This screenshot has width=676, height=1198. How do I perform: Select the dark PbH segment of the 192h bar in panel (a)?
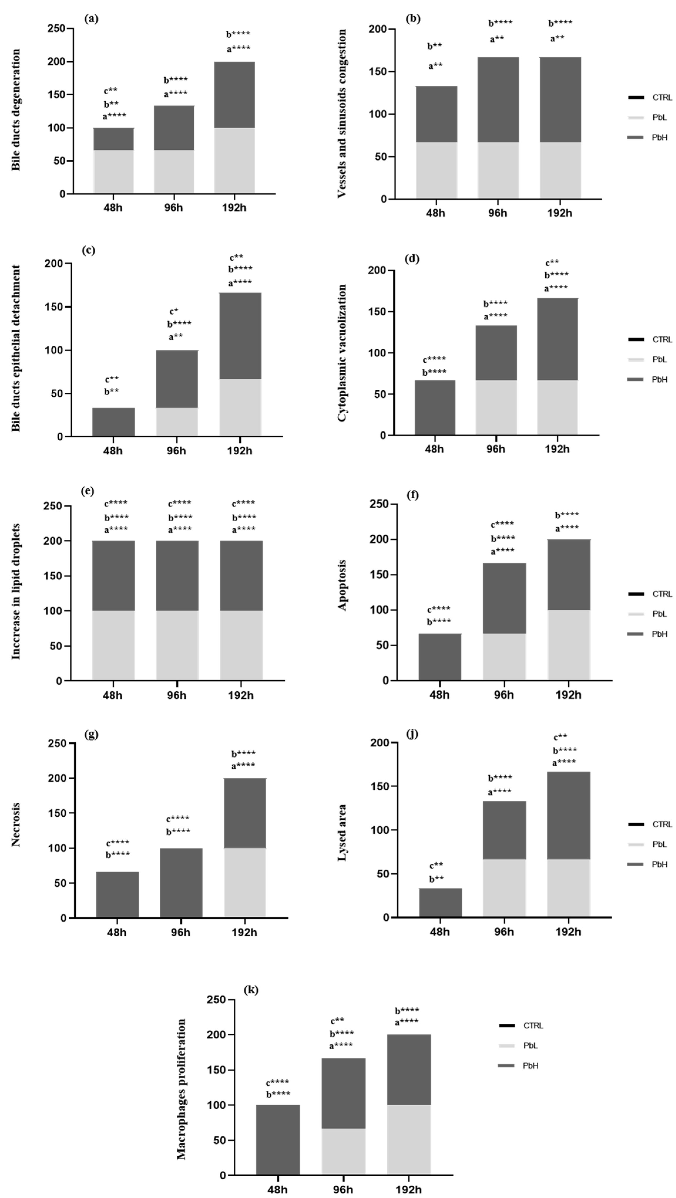pyautogui.click(x=234, y=95)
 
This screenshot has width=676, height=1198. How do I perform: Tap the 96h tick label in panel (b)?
pyautogui.click(x=497, y=213)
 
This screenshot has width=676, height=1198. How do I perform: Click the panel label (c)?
pyautogui.click(x=88, y=250)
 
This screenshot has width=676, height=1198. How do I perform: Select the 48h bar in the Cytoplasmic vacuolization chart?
pyautogui.click(x=435, y=408)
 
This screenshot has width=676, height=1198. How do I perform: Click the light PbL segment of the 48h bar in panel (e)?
pyautogui.click(x=114, y=645)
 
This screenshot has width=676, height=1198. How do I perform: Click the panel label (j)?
pyautogui.click(x=412, y=734)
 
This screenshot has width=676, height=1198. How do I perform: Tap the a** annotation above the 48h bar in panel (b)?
pyautogui.click(x=435, y=66)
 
